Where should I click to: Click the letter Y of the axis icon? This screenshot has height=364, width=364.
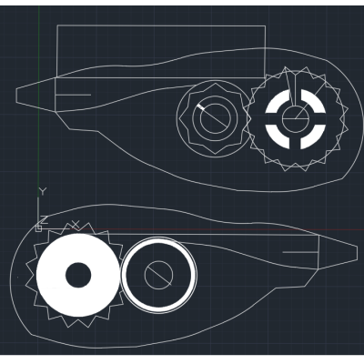(43, 191)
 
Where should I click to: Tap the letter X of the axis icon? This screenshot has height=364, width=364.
(76, 225)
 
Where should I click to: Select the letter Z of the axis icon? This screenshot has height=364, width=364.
(44, 220)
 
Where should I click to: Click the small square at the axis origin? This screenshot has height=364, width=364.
(38, 228)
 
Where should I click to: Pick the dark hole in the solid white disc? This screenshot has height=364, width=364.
(78, 275)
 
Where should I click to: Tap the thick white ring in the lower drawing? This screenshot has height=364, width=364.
(159, 238)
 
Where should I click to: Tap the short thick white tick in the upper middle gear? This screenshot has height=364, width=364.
(201, 106)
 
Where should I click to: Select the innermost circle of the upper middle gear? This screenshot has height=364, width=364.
(215, 104)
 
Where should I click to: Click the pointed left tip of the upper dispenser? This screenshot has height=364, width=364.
(15, 95)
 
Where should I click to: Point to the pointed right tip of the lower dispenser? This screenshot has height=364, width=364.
(357, 252)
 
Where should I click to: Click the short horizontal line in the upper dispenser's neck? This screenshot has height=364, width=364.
(73, 95)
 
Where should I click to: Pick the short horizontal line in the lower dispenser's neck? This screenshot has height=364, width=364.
(300, 252)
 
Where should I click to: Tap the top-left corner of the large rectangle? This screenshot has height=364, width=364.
(57, 25)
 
